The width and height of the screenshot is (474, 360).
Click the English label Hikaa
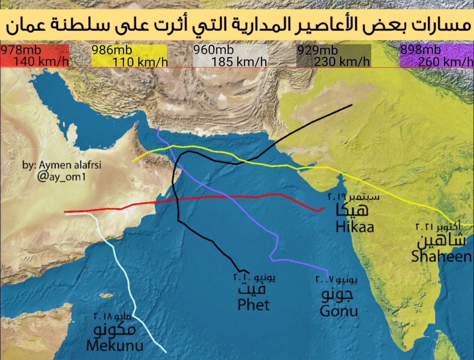click(x=355, y=227)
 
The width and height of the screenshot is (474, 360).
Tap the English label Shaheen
click(x=441, y=256)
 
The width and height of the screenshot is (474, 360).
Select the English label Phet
click(x=253, y=305)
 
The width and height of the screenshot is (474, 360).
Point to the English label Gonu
click(x=339, y=311)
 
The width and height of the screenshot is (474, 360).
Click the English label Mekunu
click(x=114, y=345)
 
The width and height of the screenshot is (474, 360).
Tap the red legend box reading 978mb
click(x=34, y=56)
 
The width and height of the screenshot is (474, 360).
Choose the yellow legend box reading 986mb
click(x=129, y=56)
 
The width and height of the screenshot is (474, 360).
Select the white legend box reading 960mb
click(x=230, y=56)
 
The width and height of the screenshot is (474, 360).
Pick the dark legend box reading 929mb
click(x=333, y=56)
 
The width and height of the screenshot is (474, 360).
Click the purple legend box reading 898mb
click(x=436, y=56)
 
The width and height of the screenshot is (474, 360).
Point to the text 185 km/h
click(x=239, y=62)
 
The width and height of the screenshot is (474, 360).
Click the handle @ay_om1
click(x=61, y=176)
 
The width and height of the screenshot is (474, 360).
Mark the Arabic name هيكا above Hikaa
click(x=352, y=210)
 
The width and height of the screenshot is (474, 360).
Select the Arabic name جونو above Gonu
click(x=337, y=294)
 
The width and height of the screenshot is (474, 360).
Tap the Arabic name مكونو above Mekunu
click(x=114, y=330)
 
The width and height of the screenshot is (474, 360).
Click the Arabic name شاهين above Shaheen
click(x=441, y=240)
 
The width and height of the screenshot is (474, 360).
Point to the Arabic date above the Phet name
click(x=254, y=278)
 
